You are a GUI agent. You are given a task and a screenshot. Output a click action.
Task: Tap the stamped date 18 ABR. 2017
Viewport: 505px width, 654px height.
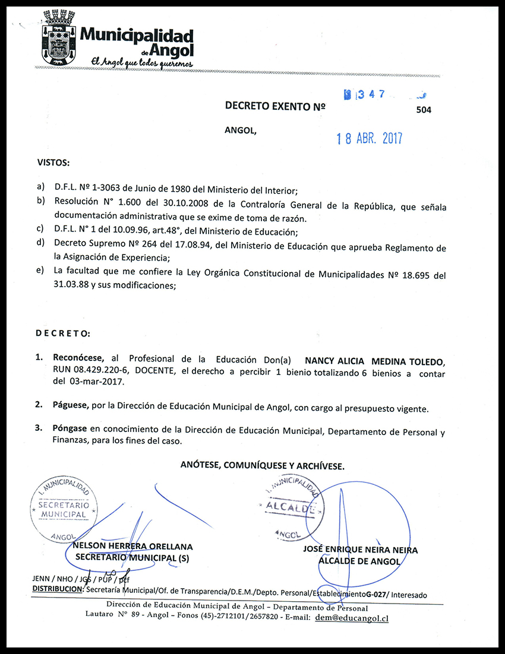click(x=369, y=139)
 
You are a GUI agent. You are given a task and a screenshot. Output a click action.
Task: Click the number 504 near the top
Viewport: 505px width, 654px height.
click(x=424, y=110)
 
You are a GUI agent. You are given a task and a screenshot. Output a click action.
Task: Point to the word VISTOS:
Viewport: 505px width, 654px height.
click(x=53, y=162)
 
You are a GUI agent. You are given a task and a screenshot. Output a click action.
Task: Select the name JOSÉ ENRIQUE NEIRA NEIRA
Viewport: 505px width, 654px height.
click(x=360, y=550)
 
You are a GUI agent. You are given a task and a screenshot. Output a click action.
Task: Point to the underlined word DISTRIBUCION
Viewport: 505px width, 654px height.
click(x=57, y=589)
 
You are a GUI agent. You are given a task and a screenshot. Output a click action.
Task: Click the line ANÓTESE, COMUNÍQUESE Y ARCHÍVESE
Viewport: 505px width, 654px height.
click(x=263, y=466)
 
